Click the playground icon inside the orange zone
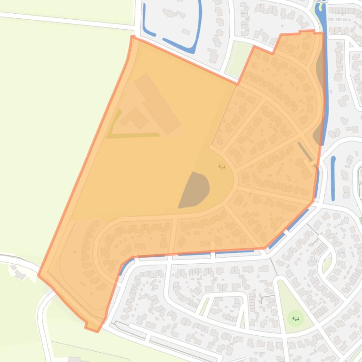[x=222, y=166]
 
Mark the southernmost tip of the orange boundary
[x=98, y=331]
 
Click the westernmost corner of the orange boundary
[x=39, y=275]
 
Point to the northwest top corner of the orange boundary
[x=133, y=37]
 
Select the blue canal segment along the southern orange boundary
[x=235, y=252]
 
